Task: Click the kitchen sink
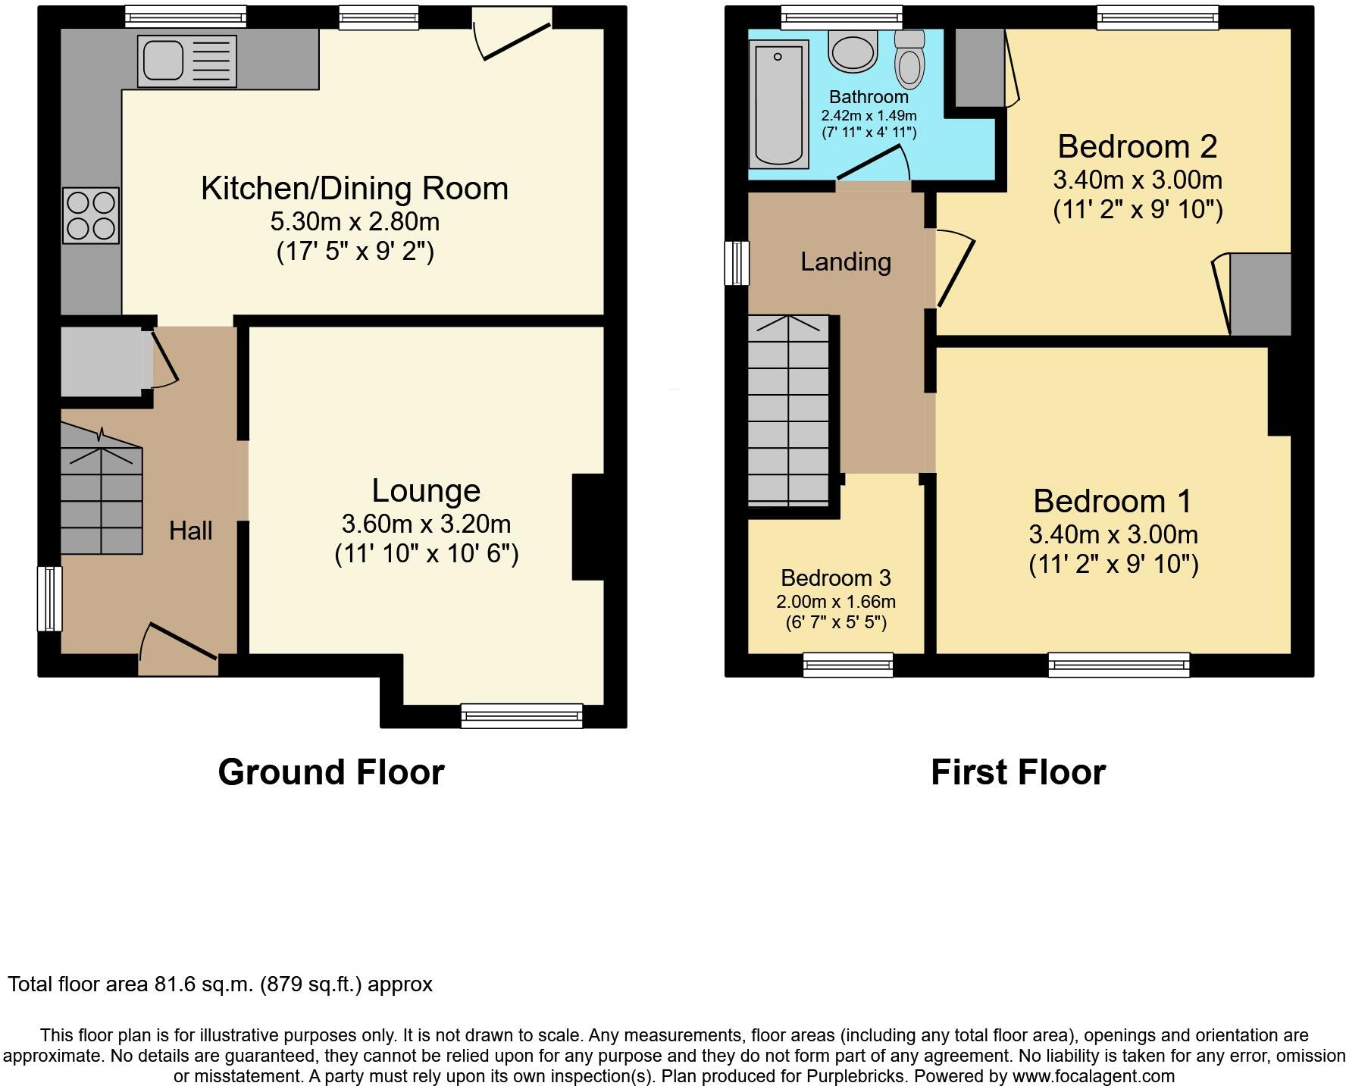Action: tap(186, 61)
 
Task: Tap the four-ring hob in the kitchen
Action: tap(91, 215)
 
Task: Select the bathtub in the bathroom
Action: tap(778, 105)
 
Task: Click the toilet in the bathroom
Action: tap(909, 61)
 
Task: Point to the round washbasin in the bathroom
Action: tap(853, 51)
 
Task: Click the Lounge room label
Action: tap(426, 491)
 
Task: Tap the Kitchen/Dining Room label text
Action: tap(354, 189)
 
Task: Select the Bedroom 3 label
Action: tap(835, 578)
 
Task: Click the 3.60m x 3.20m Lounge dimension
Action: tap(426, 524)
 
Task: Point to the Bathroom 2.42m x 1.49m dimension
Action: tap(869, 116)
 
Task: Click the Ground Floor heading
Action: tap(330, 772)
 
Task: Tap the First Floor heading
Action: tap(1017, 772)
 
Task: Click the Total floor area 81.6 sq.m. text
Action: tap(220, 984)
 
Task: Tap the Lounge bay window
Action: tap(521, 715)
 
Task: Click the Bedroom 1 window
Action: tap(1119, 665)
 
